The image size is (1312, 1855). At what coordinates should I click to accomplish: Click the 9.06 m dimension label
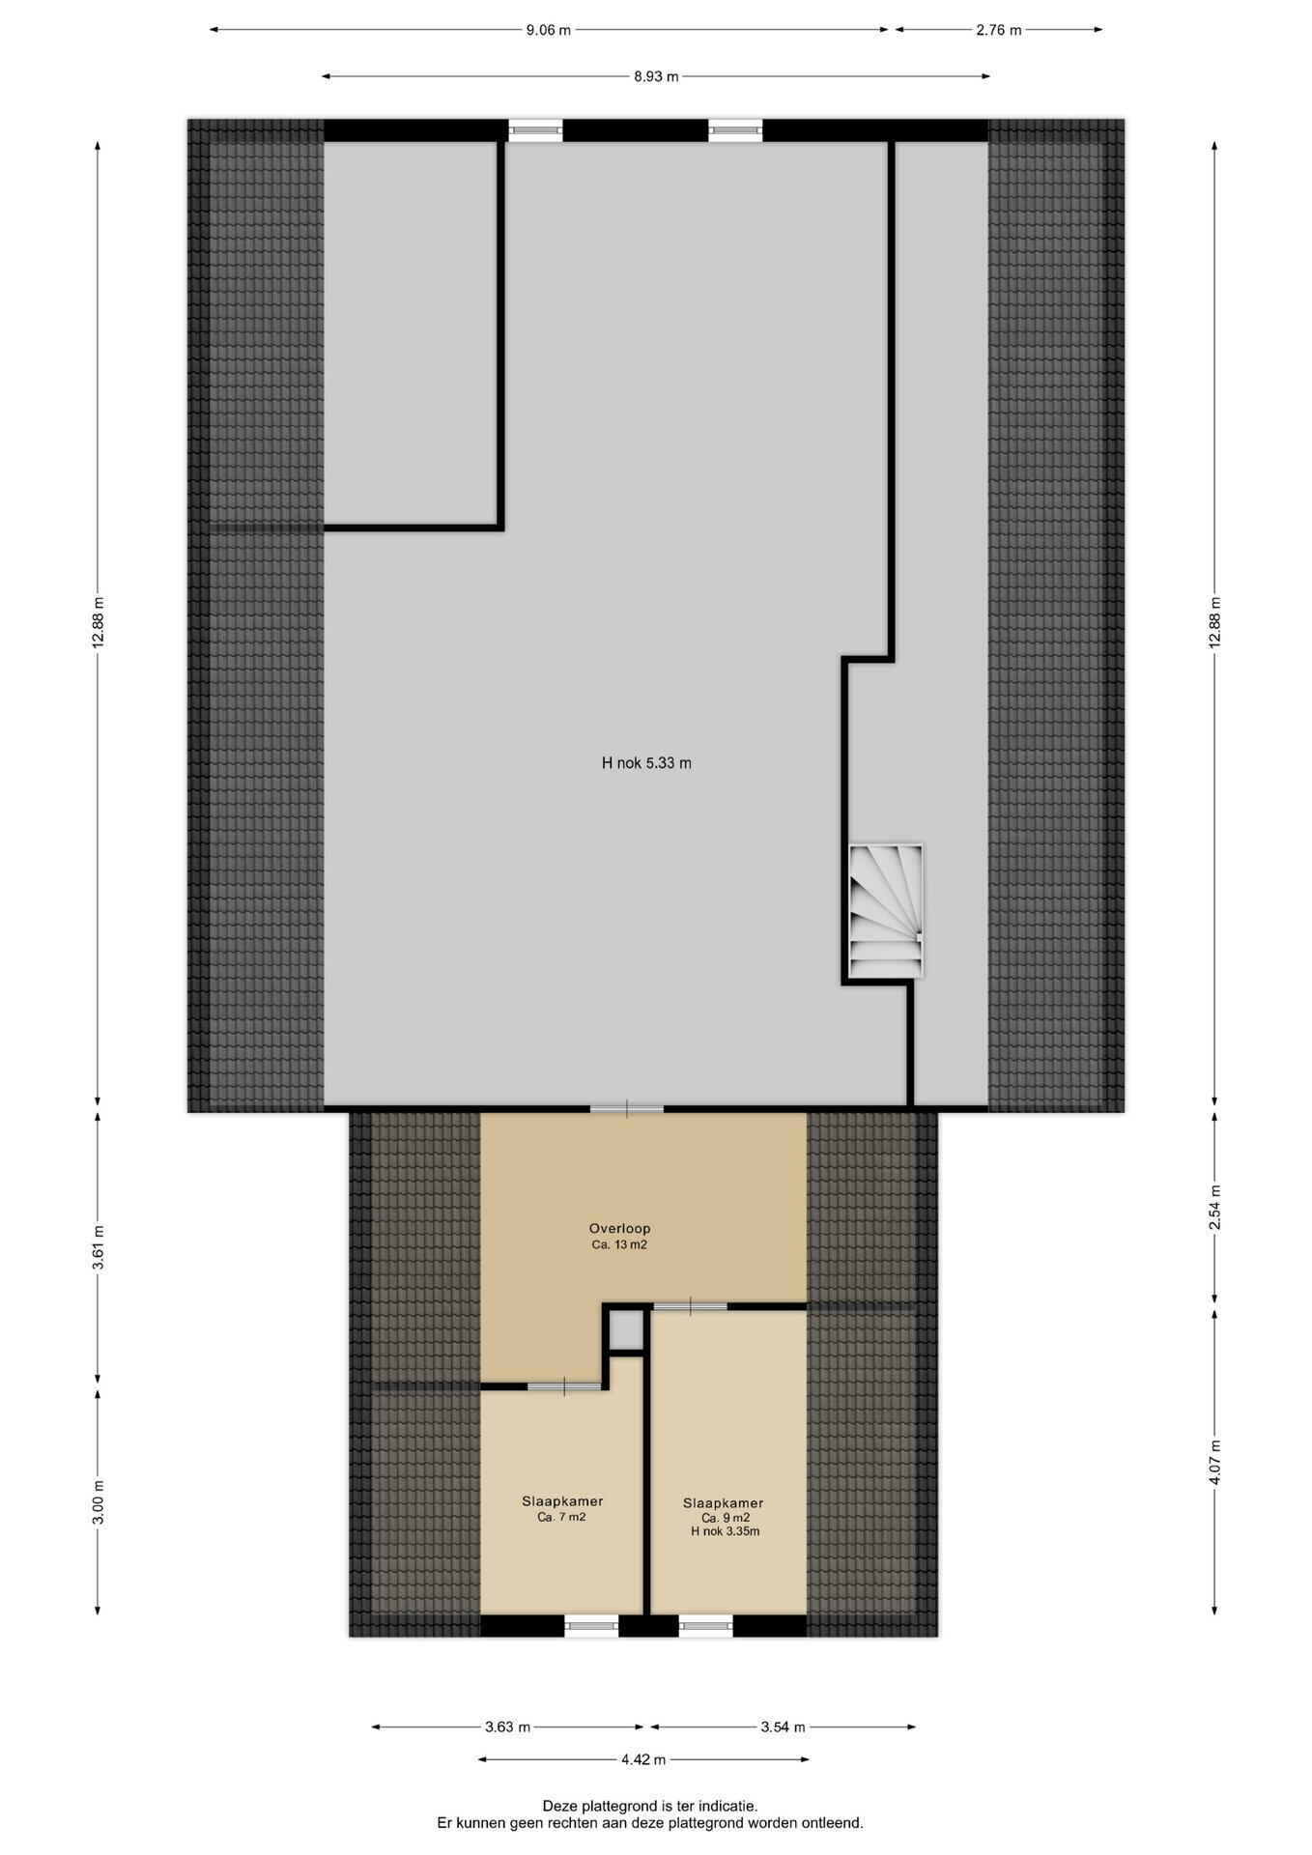click(548, 30)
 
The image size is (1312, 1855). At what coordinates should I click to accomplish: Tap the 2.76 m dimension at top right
click(998, 30)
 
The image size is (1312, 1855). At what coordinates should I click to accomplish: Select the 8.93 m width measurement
click(656, 76)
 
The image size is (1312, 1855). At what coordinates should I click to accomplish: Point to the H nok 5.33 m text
click(646, 762)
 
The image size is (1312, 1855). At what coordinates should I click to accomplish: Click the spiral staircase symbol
click(886, 911)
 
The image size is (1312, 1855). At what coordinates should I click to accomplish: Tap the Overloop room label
click(619, 1228)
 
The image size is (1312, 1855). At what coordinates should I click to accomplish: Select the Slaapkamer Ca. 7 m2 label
click(562, 1509)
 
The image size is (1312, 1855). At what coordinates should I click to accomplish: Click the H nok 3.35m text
click(726, 1531)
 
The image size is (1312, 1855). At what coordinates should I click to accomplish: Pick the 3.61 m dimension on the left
click(98, 1245)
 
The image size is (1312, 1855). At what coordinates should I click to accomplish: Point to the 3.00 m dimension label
click(98, 1502)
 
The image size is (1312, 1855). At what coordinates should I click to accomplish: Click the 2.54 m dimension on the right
click(1215, 1207)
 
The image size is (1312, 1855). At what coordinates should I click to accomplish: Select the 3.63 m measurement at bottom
click(508, 1727)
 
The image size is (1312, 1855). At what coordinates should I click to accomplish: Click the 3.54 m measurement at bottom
click(784, 1727)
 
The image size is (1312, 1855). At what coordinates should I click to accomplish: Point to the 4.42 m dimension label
click(643, 1759)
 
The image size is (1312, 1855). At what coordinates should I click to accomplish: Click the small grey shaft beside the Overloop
click(625, 1330)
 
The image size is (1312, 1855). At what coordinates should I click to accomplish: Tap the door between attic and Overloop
click(627, 1108)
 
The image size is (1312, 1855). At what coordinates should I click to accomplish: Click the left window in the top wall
click(535, 129)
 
